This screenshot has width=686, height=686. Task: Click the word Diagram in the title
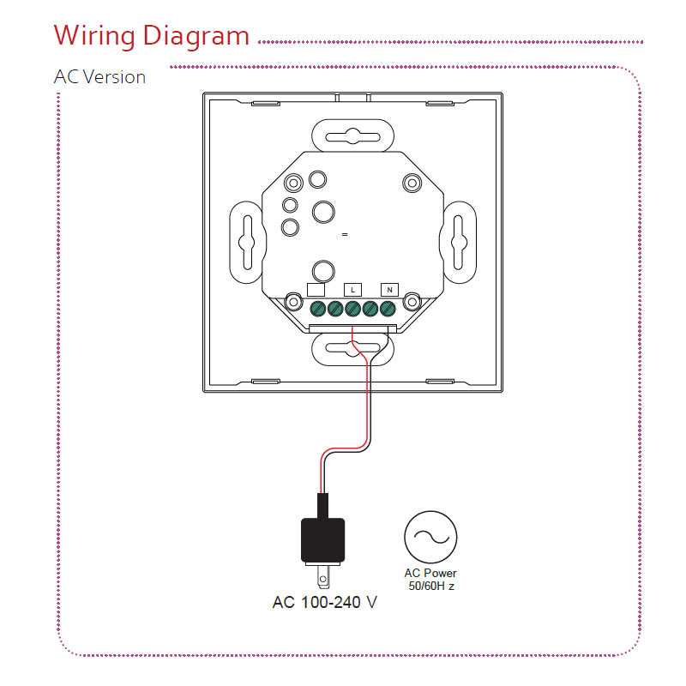pyautogui.click(x=196, y=36)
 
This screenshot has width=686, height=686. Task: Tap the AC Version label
pyautogui.click(x=99, y=76)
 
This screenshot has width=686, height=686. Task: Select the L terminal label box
pyautogui.click(x=353, y=289)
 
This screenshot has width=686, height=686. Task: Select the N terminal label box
pyautogui.click(x=389, y=289)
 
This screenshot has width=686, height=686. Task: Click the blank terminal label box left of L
pyautogui.click(x=316, y=289)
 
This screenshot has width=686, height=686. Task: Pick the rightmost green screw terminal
pyautogui.click(x=388, y=309)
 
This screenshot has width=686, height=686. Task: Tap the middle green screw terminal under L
pyautogui.click(x=352, y=309)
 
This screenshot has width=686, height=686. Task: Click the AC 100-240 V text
pyautogui.click(x=324, y=602)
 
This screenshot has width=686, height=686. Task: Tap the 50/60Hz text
pyautogui.click(x=430, y=586)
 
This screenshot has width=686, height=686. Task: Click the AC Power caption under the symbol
pyautogui.click(x=430, y=573)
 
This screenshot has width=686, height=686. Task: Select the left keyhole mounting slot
pyautogui.click(x=246, y=241)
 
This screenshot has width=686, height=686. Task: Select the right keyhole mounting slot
pyautogui.click(x=459, y=241)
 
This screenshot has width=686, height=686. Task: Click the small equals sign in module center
pyautogui.click(x=344, y=234)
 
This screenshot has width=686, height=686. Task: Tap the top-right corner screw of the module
pyautogui.click(x=412, y=183)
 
